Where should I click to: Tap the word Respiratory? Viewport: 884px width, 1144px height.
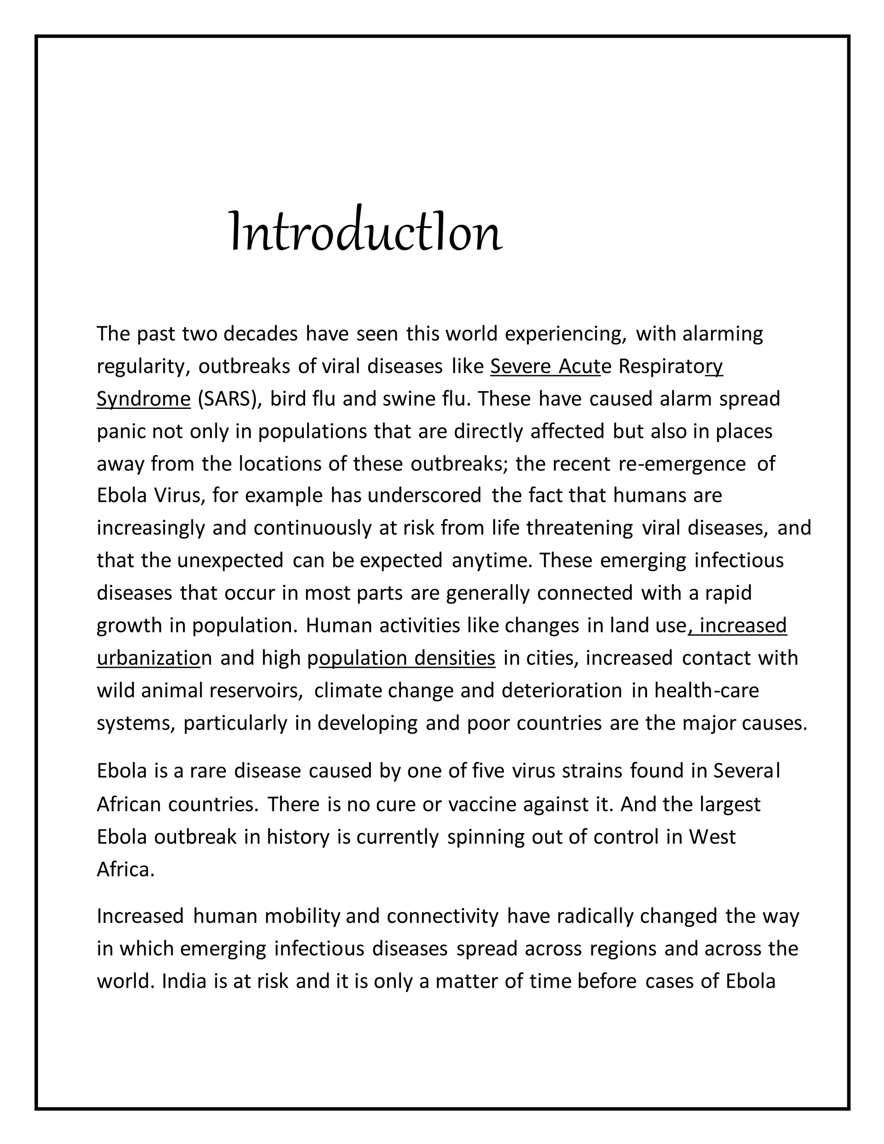[670, 367]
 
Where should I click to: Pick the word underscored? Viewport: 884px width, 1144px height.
[424, 496]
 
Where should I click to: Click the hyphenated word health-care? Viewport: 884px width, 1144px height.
[707, 691]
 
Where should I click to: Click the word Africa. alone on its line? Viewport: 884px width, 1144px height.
[126, 869]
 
